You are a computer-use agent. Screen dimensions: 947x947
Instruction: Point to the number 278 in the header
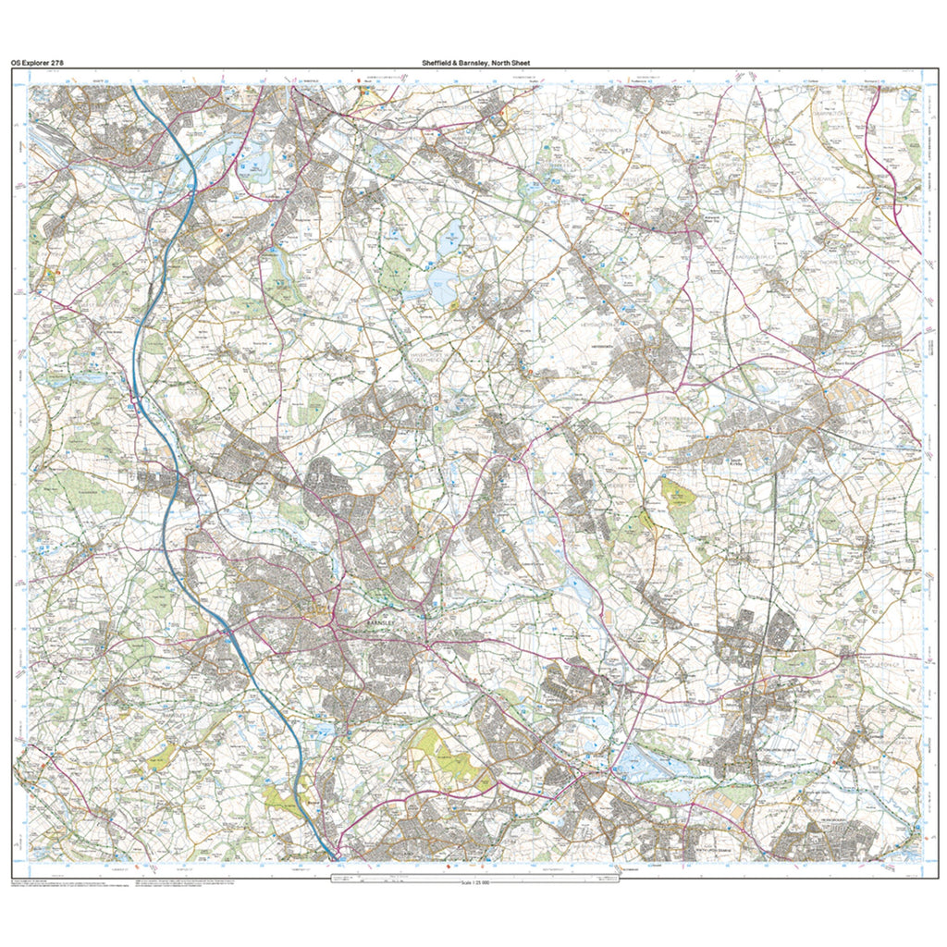pos(57,63)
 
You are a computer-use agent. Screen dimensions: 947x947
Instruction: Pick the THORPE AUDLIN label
pos(838,261)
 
